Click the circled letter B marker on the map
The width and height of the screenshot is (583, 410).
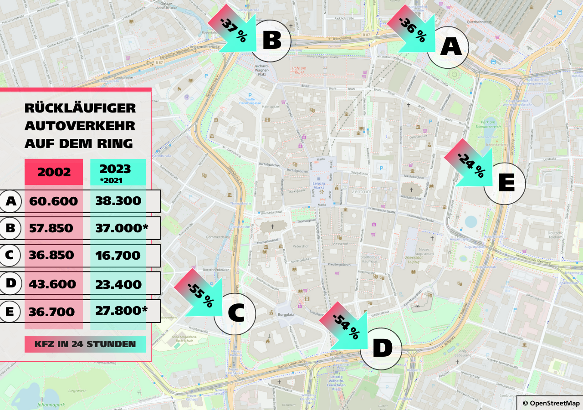[271, 41]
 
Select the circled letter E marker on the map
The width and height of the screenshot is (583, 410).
[505, 183]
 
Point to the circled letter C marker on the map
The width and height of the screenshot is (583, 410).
[235, 314]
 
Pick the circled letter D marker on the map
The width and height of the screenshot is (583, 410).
[382, 349]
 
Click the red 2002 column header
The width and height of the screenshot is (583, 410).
[54, 172]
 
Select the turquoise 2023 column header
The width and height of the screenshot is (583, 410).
[118, 172]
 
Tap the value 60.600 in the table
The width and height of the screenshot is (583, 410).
[53, 201]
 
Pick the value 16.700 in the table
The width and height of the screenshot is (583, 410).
[118, 256]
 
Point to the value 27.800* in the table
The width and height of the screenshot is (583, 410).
[121, 311]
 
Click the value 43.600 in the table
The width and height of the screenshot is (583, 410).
[52, 284]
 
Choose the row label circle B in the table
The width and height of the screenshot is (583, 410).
[10, 228]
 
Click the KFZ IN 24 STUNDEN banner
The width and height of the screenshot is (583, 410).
[85, 344]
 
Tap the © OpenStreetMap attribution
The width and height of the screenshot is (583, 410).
[551, 403]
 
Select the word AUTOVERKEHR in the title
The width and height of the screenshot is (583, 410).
[80, 126]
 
